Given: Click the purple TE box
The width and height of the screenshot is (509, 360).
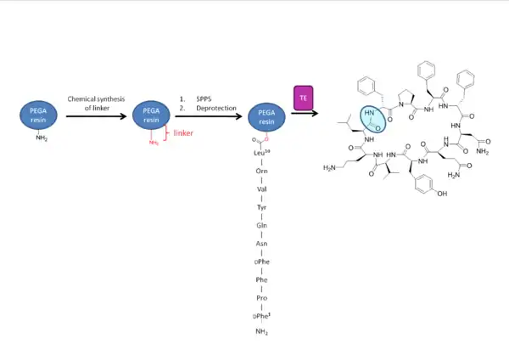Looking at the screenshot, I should tap(303, 98).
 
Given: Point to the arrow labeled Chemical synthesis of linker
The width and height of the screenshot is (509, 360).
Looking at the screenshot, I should tap(96, 115).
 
